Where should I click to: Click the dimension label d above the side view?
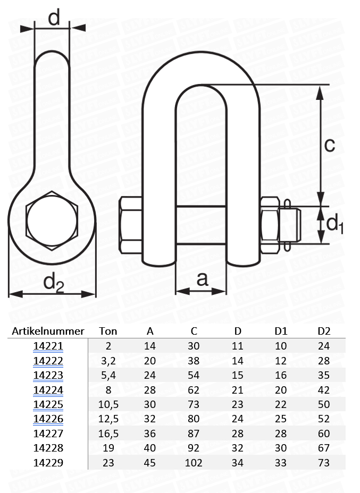pos(54,18)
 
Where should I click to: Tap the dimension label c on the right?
pos(330,145)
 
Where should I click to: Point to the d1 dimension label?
pos(334,223)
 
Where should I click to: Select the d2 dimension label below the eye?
pos(53,283)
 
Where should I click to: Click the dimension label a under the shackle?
pos(202,279)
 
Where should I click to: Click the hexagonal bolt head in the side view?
pos(52,221)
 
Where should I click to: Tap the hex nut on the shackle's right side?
pos(270,225)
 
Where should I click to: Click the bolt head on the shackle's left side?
pos(130,225)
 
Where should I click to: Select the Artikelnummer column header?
pos(48,331)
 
